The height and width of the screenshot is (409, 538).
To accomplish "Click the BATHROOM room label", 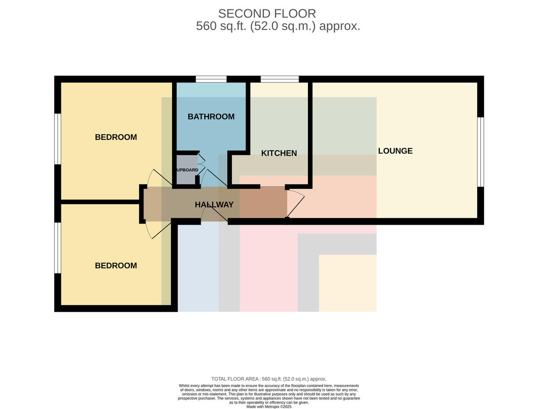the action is click(x=211, y=117).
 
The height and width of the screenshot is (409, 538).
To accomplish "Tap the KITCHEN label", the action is click(x=279, y=153).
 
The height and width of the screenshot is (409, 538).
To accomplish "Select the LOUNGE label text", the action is click(x=395, y=151).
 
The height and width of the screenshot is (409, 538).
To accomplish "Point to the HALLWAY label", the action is click(x=214, y=204).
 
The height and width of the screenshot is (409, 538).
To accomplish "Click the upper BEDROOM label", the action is click(x=116, y=137).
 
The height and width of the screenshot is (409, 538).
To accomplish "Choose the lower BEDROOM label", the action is click(x=116, y=265).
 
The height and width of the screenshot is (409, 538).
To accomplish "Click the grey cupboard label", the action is click(x=187, y=170).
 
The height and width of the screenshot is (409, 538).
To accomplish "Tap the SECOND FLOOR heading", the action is click(x=267, y=13).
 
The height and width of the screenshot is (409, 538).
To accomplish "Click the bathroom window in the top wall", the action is click(x=211, y=79).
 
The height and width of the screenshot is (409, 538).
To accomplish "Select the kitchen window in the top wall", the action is click(x=279, y=79).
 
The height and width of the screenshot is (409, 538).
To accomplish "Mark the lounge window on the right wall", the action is click(x=481, y=152).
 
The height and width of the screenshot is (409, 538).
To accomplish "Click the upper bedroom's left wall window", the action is click(x=57, y=139).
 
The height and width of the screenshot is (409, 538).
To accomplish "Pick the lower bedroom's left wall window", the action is click(x=57, y=248).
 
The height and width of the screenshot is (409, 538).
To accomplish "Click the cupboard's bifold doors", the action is click(x=201, y=164).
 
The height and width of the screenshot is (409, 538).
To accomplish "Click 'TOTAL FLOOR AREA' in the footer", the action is click(x=234, y=379).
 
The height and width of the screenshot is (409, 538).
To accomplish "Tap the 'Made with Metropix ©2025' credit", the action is click(x=269, y=407).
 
